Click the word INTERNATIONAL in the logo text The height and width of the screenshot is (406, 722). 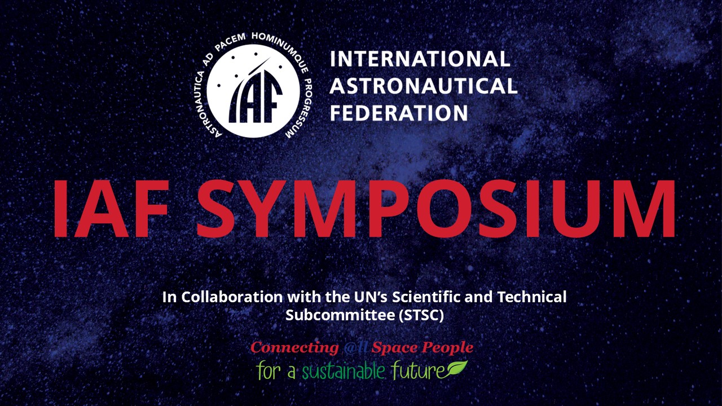click(420, 59)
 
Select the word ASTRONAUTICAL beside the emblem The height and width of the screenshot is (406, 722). click(423, 86)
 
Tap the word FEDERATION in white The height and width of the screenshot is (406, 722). click(399, 113)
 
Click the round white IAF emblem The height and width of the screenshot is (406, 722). click(253, 91)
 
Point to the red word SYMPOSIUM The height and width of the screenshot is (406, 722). click(436, 209)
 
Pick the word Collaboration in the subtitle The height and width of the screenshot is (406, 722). click(232, 297)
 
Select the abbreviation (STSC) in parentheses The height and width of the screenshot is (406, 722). click(421, 315)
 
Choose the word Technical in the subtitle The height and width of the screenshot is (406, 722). click(532, 297)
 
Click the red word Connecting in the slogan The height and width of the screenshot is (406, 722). click(294, 348)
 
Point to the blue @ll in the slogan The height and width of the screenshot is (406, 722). click(355, 348)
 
